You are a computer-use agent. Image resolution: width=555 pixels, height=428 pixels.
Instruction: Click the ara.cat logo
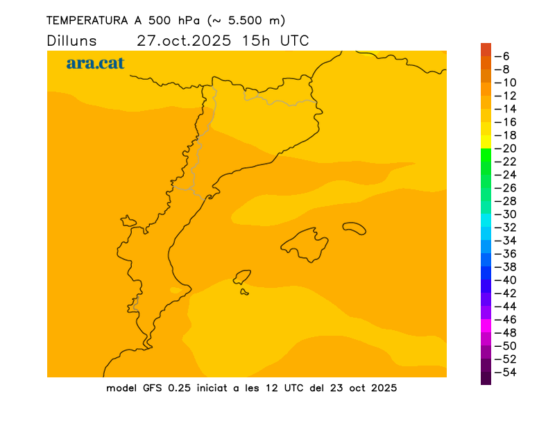pyautogui.click(x=95, y=63)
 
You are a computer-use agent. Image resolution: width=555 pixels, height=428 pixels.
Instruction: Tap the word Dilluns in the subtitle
pyautogui.click(x=72, y=41)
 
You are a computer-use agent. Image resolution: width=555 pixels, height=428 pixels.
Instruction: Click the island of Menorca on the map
pyautogui.click(x=355, y=227)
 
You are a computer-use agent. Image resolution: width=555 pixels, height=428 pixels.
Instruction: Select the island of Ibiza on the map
pyautogui.click(x=242, y=277)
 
